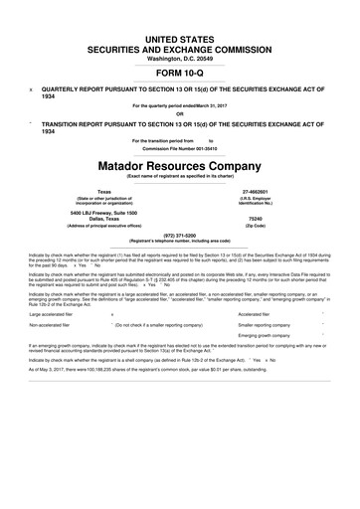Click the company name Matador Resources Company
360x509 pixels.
(x=180, y=161)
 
